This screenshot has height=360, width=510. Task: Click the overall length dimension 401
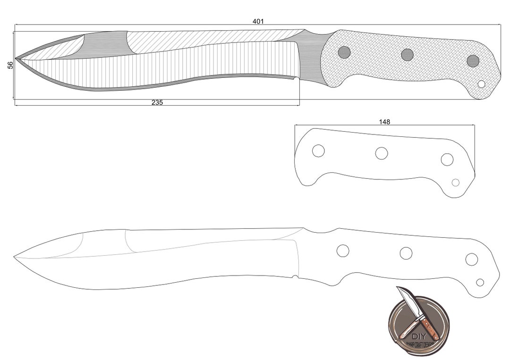tap(258, 21)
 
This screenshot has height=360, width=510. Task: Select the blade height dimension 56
tap(10, 65)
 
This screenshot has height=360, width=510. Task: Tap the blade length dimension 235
tap(157, 102)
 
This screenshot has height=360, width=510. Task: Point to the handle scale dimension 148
tap(384, 122)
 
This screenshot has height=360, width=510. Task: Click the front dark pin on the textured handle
tap(344, 52)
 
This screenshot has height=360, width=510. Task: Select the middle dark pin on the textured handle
tap(408, 55)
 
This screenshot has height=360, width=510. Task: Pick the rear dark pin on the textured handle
tap(473, 61)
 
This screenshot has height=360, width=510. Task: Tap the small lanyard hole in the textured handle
tap(482, 84)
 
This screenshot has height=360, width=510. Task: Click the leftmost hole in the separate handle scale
tap(318, 151)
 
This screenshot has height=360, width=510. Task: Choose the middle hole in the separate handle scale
tap(382, 153)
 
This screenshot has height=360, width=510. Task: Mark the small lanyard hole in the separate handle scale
tap(456, 183)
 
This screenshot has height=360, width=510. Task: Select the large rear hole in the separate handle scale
tap(447, 159)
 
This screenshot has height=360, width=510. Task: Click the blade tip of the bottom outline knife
tap(15, 257)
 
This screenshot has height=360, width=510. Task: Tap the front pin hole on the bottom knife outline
tap(343, 251)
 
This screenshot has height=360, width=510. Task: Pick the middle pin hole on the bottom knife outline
tap(406, 253)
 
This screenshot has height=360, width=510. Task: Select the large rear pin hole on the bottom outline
tap(471, 259)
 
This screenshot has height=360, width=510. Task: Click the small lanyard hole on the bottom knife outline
tap(480, 282)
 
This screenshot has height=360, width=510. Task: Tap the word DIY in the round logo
tap(418, 336)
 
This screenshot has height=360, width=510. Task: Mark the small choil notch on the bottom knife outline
tap(295, 277)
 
